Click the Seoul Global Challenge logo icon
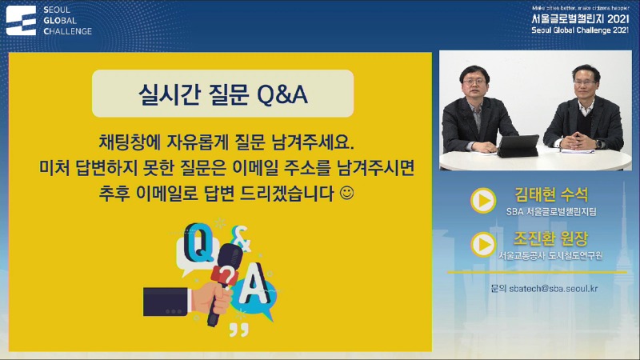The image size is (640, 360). pos(22,20)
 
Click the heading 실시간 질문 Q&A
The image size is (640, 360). pos(222,95)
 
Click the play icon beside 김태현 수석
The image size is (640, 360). pos(482,201)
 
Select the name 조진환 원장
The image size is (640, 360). pos(552,238)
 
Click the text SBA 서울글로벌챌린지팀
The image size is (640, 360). pos(552,213)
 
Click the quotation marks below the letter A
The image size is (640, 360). pos(238,329)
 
